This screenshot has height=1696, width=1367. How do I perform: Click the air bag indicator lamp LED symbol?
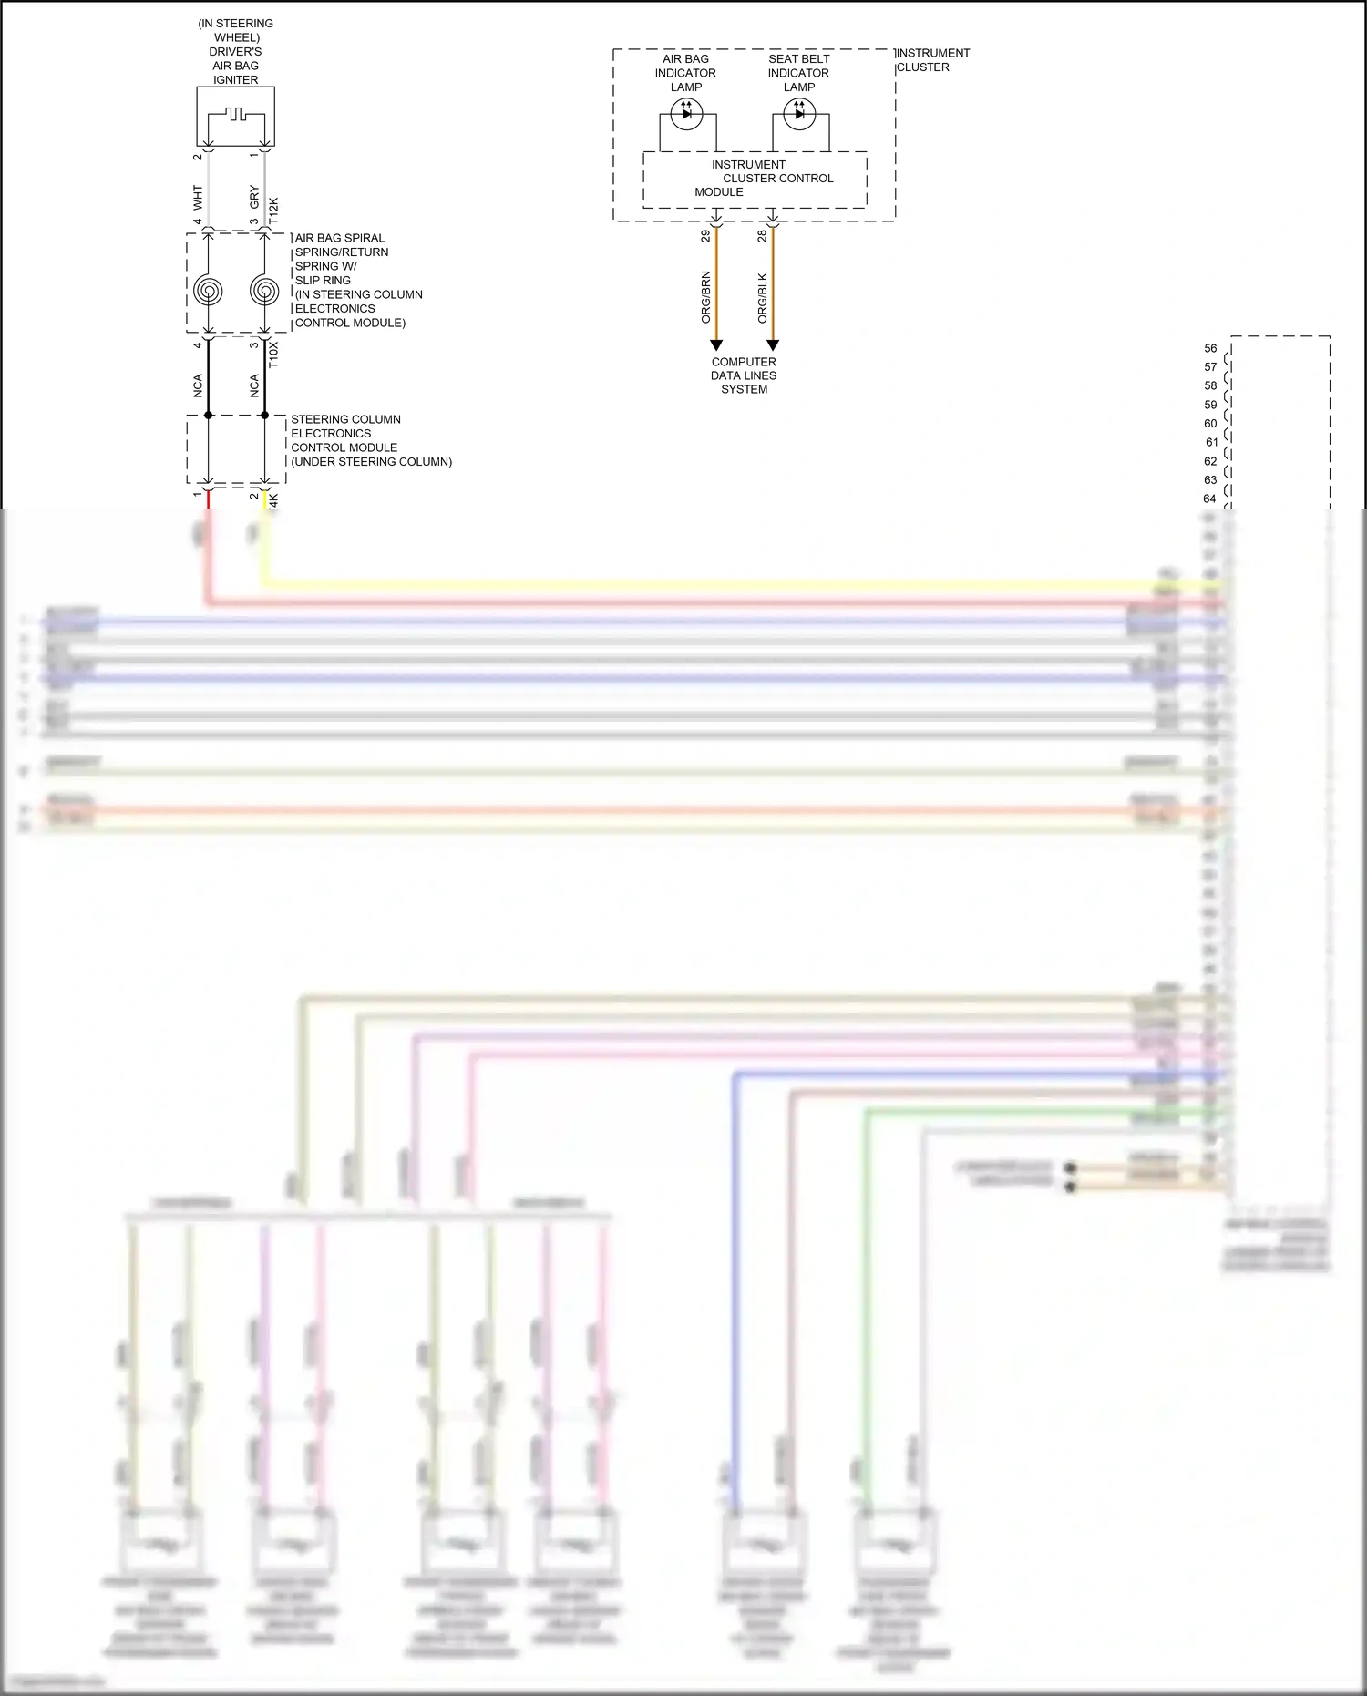[686, 114]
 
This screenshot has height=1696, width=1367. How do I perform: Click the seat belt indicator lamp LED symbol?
[799, 114]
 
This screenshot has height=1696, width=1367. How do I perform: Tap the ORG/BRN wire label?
[705, 297]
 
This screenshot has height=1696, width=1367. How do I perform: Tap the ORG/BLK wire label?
[763, 297]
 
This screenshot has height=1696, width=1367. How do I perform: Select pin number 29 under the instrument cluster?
[705, 236]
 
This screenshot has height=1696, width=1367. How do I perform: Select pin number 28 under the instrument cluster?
[762, 236]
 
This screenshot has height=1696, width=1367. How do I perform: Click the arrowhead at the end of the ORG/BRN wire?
[716, 345]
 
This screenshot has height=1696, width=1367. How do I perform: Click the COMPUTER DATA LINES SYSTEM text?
[744, 375]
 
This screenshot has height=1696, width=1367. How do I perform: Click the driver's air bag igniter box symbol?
[236, 116]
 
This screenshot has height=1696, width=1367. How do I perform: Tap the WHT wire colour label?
[198, 197]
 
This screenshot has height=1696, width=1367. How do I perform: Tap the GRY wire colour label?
[254, 197]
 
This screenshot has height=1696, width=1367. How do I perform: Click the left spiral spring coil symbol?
[209, 291]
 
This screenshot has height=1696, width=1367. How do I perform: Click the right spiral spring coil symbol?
[264, 291]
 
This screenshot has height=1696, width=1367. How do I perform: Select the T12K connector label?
[273, 211]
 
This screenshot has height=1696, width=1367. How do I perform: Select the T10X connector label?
[273, 355]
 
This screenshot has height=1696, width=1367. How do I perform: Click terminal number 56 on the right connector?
[1210, 348]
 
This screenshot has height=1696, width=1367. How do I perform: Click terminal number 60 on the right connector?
[1210, 424]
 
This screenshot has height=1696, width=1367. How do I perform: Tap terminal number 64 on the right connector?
[1209, 499]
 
